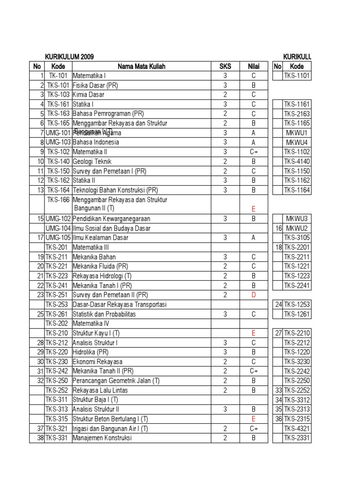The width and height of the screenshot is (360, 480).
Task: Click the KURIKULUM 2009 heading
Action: (x=69, y=57)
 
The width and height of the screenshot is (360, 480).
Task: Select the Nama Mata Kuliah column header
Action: (x=141, y=66)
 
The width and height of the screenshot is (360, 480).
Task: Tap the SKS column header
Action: (x=225, y=66)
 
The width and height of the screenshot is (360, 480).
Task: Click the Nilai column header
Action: (x=254, y=66)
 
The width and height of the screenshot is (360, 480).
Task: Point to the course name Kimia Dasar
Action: (x=89, y=95)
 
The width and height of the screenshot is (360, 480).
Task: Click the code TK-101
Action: (x=58, y=75)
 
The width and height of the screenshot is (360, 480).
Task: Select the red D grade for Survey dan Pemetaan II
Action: (x=254, y=295)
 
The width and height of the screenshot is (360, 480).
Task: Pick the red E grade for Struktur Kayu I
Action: (x=254, y=333)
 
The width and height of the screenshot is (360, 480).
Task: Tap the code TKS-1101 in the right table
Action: (x=296, y=75)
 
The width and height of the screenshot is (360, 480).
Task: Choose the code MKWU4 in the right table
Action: (x=296, y=142)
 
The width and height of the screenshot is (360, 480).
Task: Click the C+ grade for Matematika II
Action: (x=254, y=152)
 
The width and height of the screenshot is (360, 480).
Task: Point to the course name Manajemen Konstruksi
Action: (x=102, y=438)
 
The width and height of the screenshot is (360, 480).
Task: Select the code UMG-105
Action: (x=58, y=238)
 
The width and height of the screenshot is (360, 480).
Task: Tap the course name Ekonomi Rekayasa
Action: (x=97, y=361)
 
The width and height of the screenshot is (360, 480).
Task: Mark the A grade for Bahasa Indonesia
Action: (x=254, y=142)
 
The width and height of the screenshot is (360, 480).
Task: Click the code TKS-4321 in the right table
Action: (x=296, y=428)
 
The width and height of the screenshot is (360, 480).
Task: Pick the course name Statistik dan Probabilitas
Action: (x=104, y=314)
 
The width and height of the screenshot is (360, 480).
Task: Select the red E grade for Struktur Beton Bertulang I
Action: (x=254, y=419)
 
